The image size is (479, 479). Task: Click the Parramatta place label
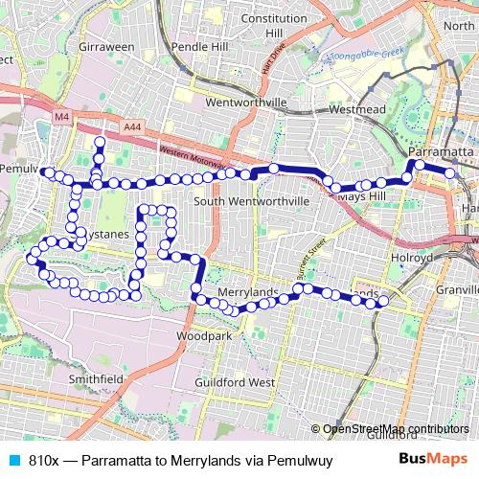click(441, 152)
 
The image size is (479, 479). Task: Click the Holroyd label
click(413, 258)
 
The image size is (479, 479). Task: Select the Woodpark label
click(204, 337)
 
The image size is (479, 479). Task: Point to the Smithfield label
click(95, 378)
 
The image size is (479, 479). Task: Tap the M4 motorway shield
click(61, 117)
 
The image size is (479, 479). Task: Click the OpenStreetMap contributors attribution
click(395, 428)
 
